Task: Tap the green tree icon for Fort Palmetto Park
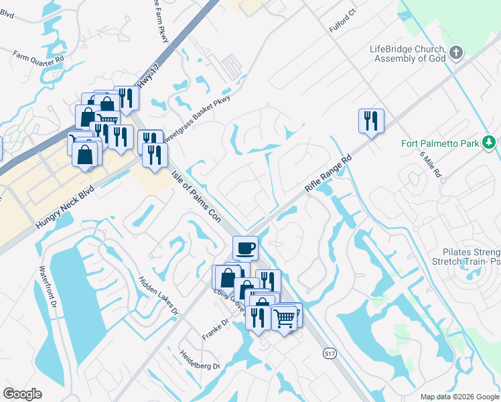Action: click(x=490, y=143)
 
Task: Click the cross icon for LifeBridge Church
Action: click(x=455, y=53)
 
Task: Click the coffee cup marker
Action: click(x=245, y=248)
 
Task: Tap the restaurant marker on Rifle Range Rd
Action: click(x=371, y=121)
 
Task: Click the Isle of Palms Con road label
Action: click(x=196, y=195)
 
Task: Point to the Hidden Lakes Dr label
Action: click(x=159, y=295)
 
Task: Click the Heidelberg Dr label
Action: click(x=199, y=360)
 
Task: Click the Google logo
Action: click(x=22, y=394)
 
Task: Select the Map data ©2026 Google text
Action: click(x=459, y=397)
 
